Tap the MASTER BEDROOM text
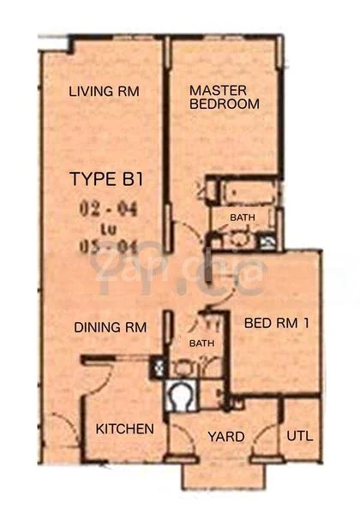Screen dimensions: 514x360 click(224, 97)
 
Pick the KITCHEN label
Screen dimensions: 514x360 click(124, 428)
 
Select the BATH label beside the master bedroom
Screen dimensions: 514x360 click(242, 218)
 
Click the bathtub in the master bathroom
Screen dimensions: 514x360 click(247, 190)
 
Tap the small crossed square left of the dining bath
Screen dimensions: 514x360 click(157, 369)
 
